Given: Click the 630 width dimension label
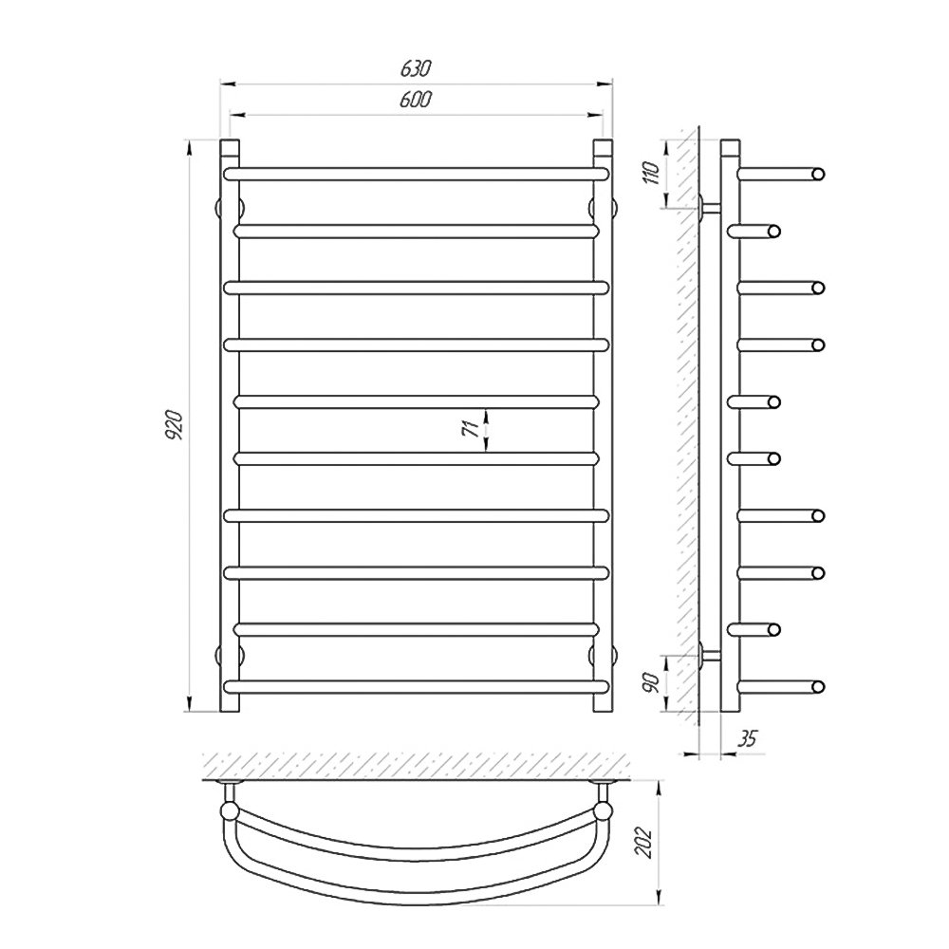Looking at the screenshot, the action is pos(416,69).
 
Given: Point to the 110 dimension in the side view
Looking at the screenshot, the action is pos(652,173).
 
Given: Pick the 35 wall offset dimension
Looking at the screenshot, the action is pos(748,738).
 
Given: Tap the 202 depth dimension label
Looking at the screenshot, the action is pos(644,842).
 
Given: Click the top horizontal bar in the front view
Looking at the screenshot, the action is pos(416,175).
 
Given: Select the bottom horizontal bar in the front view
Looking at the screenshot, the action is pos(416,686).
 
